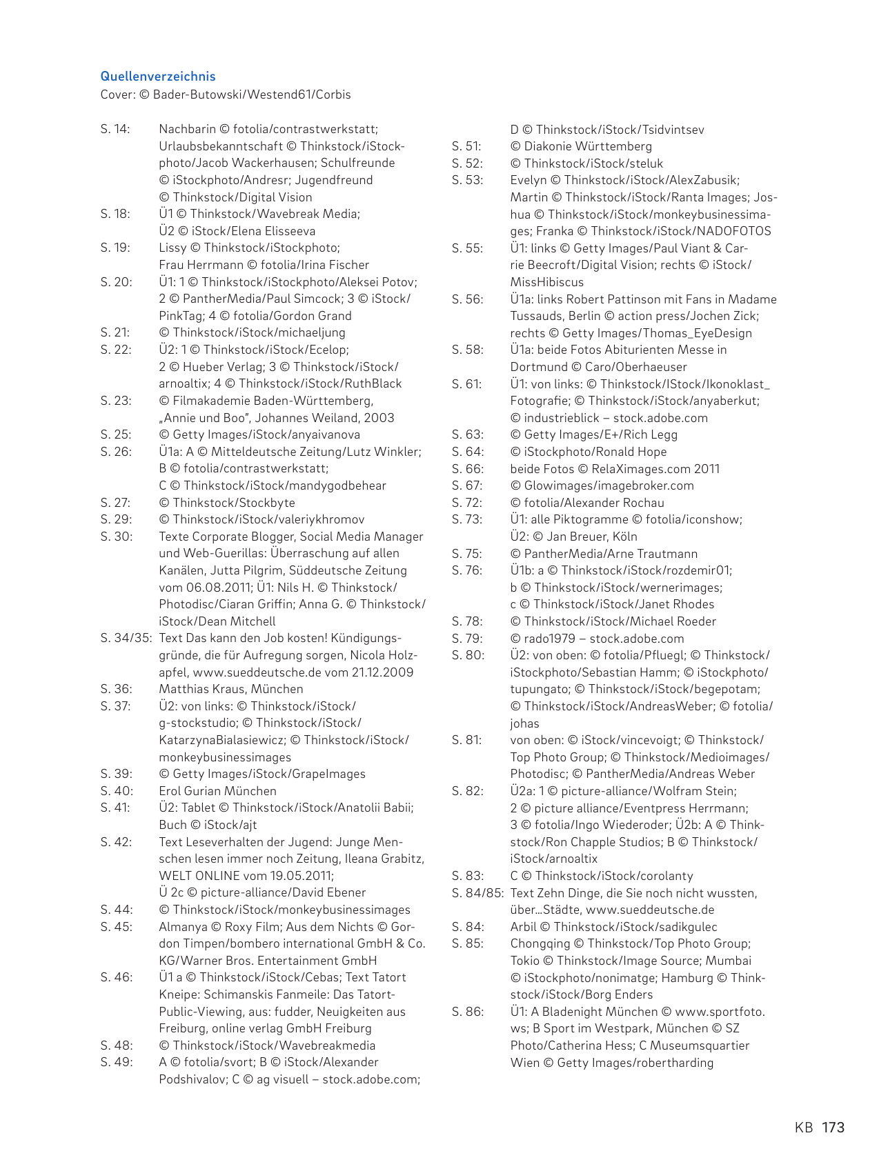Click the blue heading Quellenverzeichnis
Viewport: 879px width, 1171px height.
[158, 77]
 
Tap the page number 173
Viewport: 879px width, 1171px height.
[833, 1128]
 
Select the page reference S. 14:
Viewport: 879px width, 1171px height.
[115, 129]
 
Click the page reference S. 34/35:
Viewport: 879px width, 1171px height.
[126, 638]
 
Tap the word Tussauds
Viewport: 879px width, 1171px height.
[538, 316]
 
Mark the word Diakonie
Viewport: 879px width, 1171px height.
[551, 146]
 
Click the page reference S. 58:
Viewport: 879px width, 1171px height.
[467, 350]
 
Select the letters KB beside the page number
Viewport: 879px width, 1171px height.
[804, 1128]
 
